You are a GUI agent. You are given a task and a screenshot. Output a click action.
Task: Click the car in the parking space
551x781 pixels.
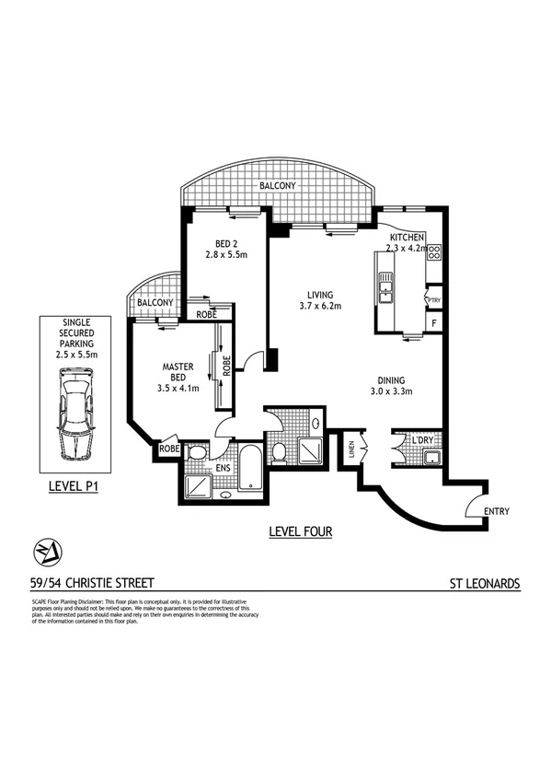pyautogui.click(x=74, y=414)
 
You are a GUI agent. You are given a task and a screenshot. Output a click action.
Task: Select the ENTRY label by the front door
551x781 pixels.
pyautogui.click(x=494, y=511)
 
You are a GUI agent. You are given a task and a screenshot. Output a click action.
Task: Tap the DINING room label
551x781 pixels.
pyautogui.click(x=396, y=379)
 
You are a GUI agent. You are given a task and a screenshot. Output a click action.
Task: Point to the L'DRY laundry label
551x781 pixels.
pyautogui.click(x=423, y=441)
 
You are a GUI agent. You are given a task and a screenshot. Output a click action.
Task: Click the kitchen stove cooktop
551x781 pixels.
pyautogui.click(x=434, y=251)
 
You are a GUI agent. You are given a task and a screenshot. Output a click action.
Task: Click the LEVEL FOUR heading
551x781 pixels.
pyautogui.click(x=300, y=531)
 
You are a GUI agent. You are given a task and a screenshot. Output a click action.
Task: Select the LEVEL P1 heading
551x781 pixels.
pyautogui.click(x=74, y=485)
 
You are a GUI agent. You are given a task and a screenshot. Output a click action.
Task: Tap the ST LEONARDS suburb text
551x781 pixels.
pyautogui.click(x=485, y=583)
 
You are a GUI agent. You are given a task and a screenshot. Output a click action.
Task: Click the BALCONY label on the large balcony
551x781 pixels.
pyautogui.click(x=277, y=185)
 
